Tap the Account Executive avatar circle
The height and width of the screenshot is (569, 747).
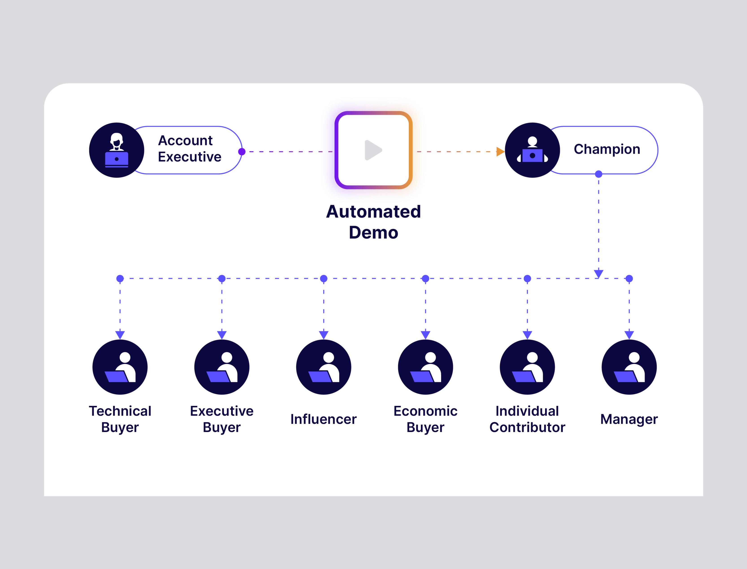pyautogui.click(x=117, y=150)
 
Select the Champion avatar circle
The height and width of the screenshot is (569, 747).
pyautogui.click(x=532, y=150)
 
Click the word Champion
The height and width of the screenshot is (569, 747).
pyautogui.click(x=606, y=149)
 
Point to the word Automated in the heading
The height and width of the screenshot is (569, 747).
pyautogui.click(x=373, y=212)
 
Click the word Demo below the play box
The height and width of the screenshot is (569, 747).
pyautogui.click(x=373, y=233)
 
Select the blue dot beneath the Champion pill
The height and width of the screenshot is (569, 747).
pyautogui.click(x=598, y=174)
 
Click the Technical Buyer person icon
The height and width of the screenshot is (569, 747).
pyautogui.click(x=120, y=367)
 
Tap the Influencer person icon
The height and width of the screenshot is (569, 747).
pyautogui.click(x=324, y=367)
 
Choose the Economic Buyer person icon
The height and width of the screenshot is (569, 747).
pyautogui.click(x=425, y=367)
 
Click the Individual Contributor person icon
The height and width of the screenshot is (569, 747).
pyautogui.click(x=527, y=367)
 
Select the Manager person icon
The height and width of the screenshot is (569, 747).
pyautogui.click(x=629, y=367)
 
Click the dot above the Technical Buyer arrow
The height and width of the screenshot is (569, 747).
pyautogui.click(x=120, y=278)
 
